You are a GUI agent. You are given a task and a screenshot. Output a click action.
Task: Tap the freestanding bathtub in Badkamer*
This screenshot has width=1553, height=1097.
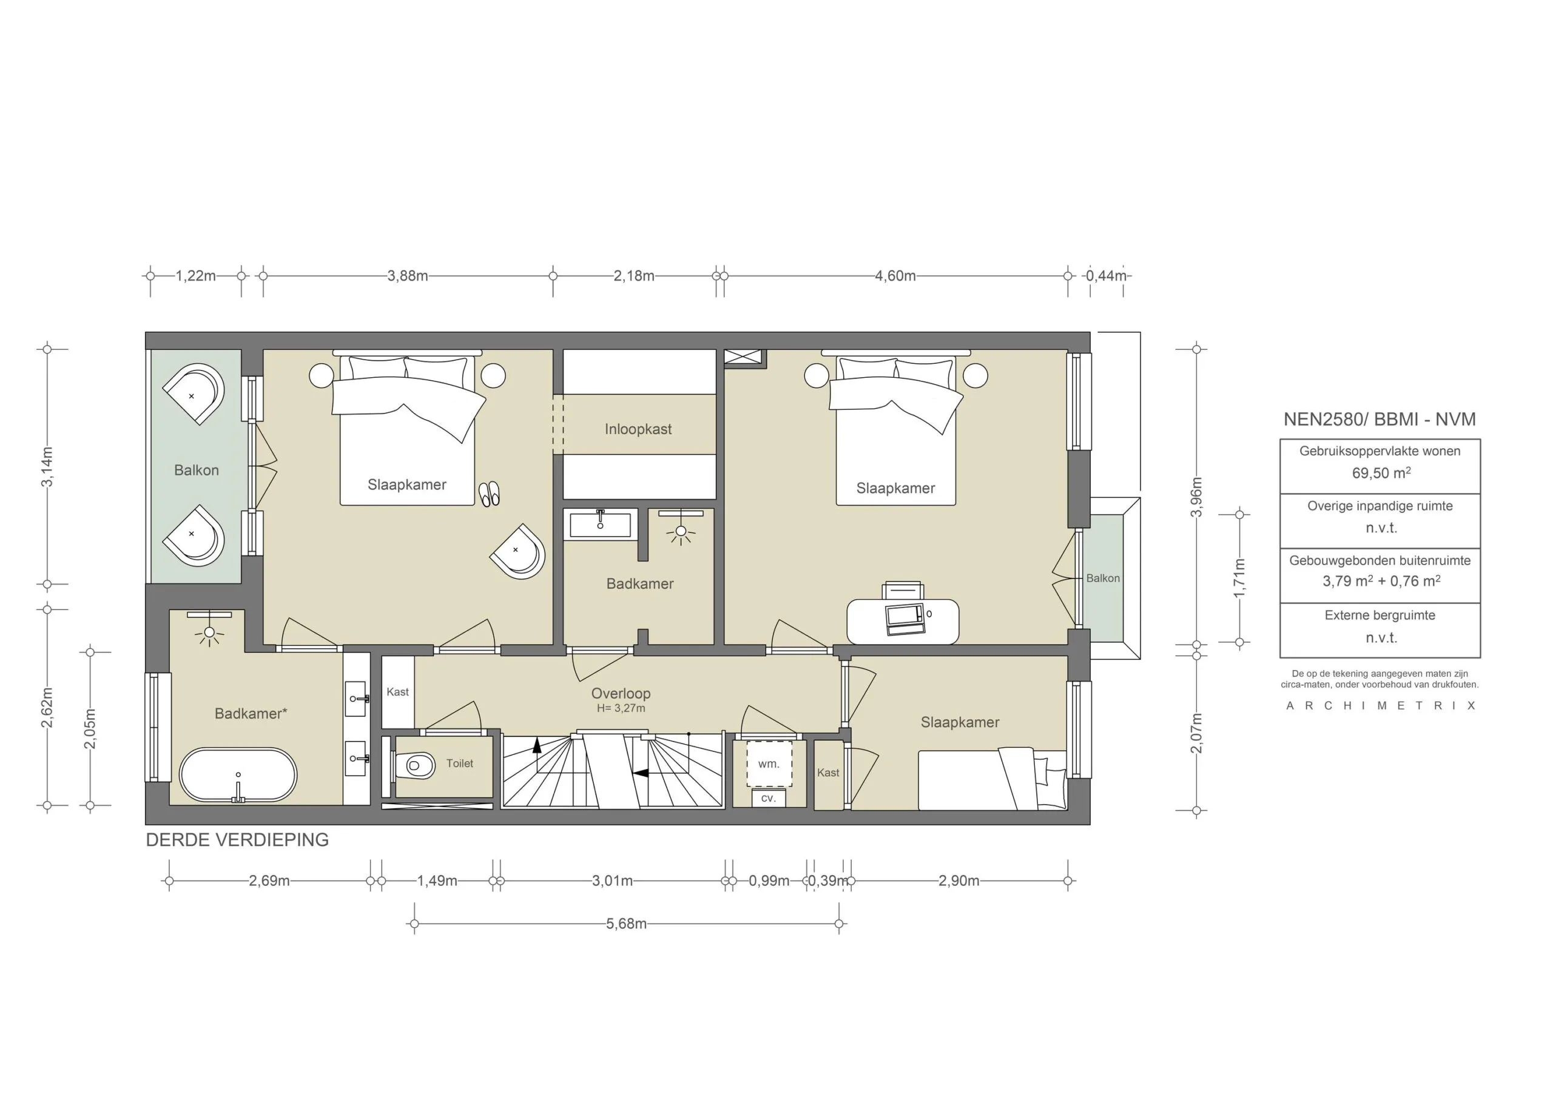(238, 775)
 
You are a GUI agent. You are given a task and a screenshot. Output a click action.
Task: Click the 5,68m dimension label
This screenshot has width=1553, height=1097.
(626, 924)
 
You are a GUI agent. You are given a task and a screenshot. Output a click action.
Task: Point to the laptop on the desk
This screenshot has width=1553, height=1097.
(905, 618)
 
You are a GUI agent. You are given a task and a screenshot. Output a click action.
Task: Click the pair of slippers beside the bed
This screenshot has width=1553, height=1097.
(489, 494)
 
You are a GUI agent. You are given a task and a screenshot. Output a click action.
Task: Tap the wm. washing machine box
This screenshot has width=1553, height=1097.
(769, 764)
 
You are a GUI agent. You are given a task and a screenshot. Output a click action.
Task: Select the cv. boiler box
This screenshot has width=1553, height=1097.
(768, 798)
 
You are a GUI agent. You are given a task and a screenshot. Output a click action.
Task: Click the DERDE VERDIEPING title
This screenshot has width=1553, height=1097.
(237, 840)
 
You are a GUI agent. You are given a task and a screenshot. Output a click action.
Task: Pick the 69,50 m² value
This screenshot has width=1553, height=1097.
(1381, 473)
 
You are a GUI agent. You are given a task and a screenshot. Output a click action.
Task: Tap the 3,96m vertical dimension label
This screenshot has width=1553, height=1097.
(1196, 497)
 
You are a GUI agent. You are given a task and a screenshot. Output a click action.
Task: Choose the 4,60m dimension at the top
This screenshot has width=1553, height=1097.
(895, 276)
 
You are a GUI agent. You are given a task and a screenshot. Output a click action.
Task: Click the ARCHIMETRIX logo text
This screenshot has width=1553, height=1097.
(1381, 705)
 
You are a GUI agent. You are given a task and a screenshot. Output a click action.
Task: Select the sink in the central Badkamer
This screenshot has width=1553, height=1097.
(600, 525)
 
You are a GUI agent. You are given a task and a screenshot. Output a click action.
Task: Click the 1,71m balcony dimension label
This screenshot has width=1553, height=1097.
(1239, 579)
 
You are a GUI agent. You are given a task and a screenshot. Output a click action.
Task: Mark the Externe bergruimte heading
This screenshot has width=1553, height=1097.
(1380, 616)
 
